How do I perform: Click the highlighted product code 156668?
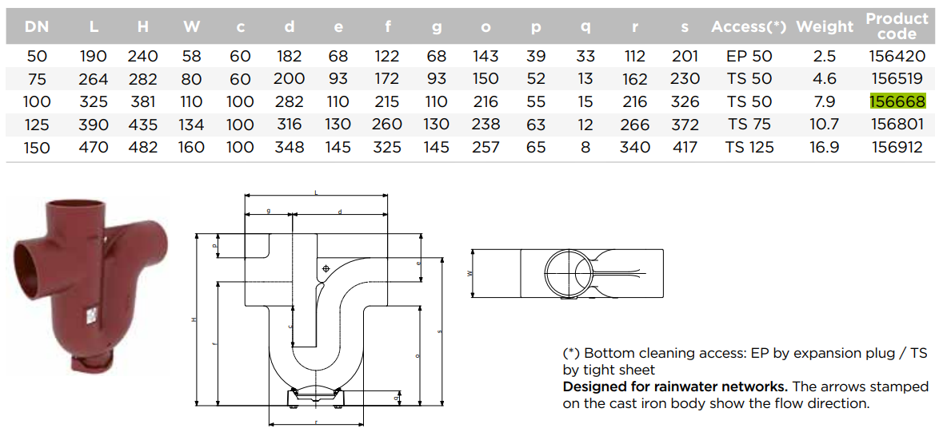897,101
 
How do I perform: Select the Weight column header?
825,27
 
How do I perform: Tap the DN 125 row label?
37,125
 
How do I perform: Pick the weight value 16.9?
825,148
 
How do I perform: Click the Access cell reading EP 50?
749,56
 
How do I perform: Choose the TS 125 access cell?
749,148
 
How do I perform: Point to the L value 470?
94,148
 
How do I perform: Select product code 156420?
897,56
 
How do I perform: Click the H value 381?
143,101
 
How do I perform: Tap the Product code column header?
897,26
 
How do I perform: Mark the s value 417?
684,148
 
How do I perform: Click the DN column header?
37,27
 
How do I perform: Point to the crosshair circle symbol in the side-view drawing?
326,269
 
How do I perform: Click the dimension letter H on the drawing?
194,320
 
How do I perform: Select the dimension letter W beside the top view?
470,273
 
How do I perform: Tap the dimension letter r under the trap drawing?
317,422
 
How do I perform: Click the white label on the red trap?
92,315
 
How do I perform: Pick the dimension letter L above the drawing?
316,192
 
